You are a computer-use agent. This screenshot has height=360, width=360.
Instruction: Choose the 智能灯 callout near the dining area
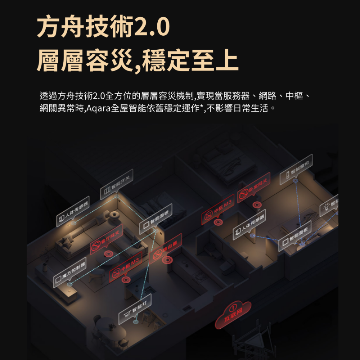click(135, 309)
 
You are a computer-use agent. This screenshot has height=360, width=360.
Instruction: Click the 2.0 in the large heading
click(151, 28)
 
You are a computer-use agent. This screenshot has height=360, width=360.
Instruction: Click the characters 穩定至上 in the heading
click(191, 60)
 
